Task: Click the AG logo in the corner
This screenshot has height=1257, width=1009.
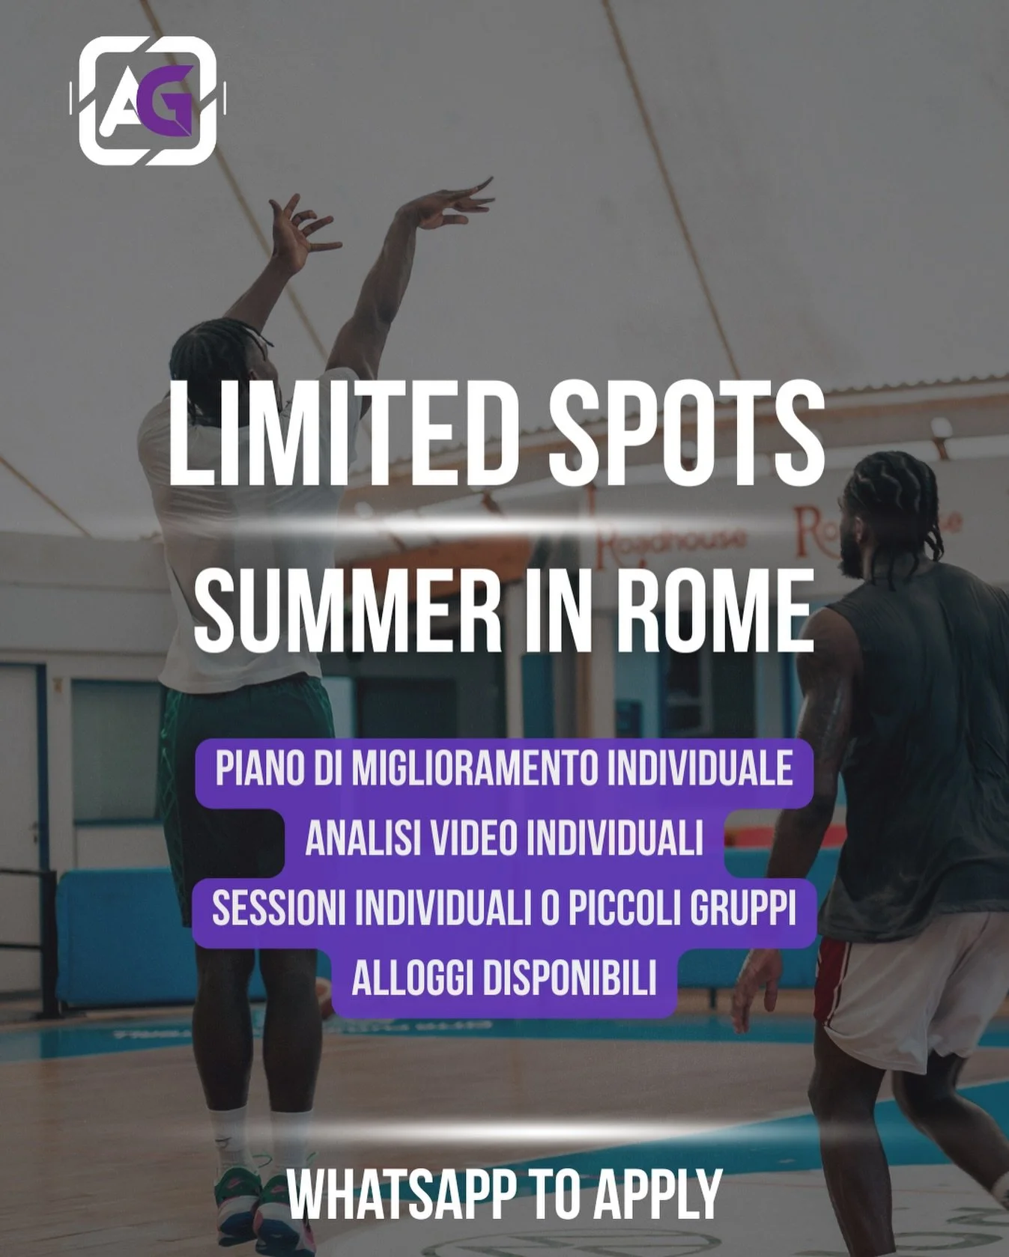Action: point(148,100)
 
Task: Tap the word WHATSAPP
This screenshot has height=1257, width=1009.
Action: point(401,1195)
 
